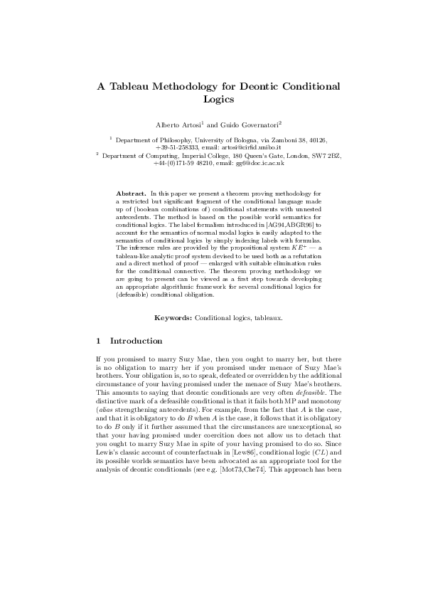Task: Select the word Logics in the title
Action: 219,100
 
